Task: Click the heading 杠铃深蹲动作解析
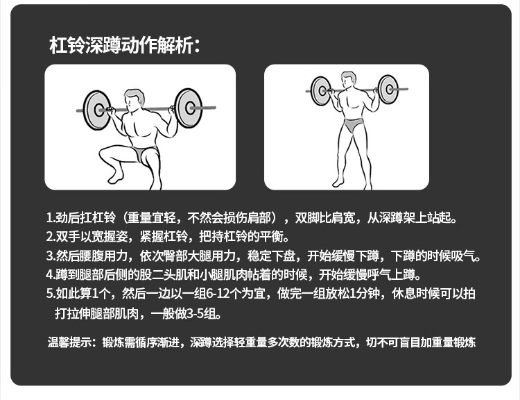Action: pyautogui.click(x=121, y=45)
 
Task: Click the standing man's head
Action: pyautogui.click(x=348, y=80)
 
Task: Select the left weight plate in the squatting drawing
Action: pyautogui.click(x=97, y=110)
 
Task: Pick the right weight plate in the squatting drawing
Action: pyautogui.click(x=189, y=108)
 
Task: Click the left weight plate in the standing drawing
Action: pyautogui.click(x=321, y=91)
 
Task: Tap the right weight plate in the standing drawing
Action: pyautogui.click(x=388, y=89)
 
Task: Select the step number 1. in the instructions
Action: pyautogui.click(x=51, y=218)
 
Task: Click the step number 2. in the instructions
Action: pyautogui.click(x=51, y=237)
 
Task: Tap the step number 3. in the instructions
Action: pyautogui.click(x=51, y=256)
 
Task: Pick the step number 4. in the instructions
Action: pyautogui.click(x=51, y=275)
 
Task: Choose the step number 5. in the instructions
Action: pyautogui.click(x=51, y=294)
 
